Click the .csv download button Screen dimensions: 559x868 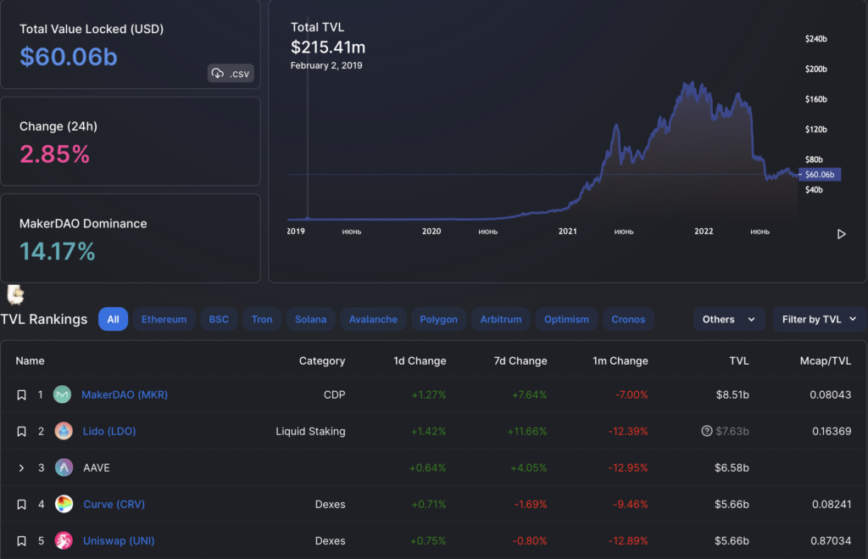pyautogui.click(x=231, y=74)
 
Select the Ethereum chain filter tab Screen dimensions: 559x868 pyautogui.click(x=164, y=319)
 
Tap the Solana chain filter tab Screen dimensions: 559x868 pyautogui.click(x=310, y=319)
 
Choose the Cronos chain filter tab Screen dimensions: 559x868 pyautogui.click(x=628, y=319)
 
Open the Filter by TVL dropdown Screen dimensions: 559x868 pyautogui.click(x=819, y=319)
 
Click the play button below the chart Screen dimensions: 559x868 pyautogui.click(x=841, y=234)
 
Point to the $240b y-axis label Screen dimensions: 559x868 pyautogui.click(x=815, y=39)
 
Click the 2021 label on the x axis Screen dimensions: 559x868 pyautogui.click(x=567, y=231)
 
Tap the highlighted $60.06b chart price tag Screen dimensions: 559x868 pyautogui.click(x=819, y=174)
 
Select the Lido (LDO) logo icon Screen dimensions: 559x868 pyautogui.click(x=64, y=431)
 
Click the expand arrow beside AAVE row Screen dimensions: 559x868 pyautogui.click(x=22, y=467)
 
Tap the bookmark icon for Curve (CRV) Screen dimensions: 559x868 pyautogui.click(x=22, y=505)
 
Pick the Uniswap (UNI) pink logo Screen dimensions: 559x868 pyautogui.click(x=64, y=540)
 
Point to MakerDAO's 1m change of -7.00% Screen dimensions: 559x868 pyautogui.click(x=630, y=394)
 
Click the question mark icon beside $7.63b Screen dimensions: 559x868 pyautogui.click(x=707, y=431)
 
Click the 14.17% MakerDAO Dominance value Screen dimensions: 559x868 pyautogui.click(x=58, y=251)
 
